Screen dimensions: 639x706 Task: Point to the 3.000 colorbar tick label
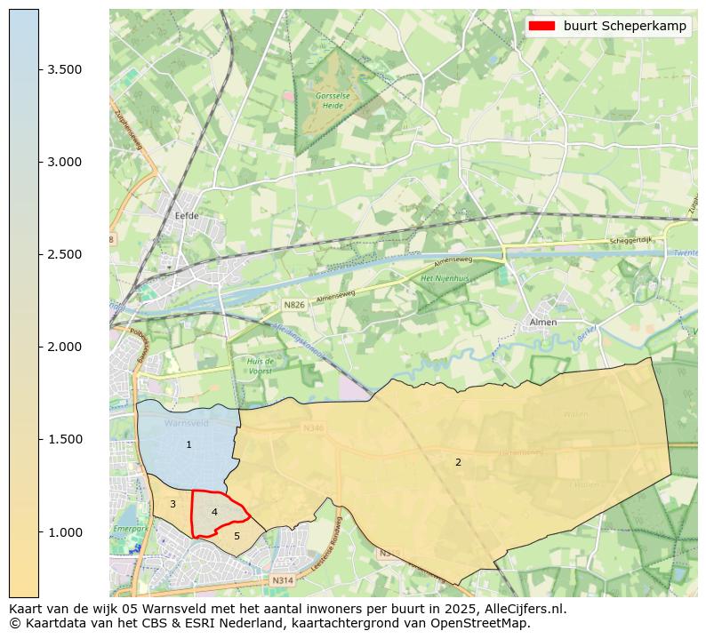[x=65, y=162]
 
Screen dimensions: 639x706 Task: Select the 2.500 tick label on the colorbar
[x=65, y=254]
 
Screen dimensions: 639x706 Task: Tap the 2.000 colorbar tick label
[x=65, y=347]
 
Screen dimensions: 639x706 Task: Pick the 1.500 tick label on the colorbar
[x=65, y=439]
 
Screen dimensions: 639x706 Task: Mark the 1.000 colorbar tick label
[x=65, y=531]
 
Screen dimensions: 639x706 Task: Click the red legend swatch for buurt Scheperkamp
[x=542, y=26]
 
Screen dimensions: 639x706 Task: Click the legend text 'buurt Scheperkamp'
[x=624, y=26]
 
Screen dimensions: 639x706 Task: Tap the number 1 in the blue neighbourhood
[x=189, y=444]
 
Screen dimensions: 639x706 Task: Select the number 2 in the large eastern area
[x=458, y=462]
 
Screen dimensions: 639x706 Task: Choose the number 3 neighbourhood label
[x=172, y=505]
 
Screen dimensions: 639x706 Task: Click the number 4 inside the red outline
[x=214, y=512]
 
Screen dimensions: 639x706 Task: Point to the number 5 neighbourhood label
[x=237, y=536]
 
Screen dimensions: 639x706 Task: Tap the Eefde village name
[x=187, y=216]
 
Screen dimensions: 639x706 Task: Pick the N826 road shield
[x=293, y=305]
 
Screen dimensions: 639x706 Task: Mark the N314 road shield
[x=282, y=580]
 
